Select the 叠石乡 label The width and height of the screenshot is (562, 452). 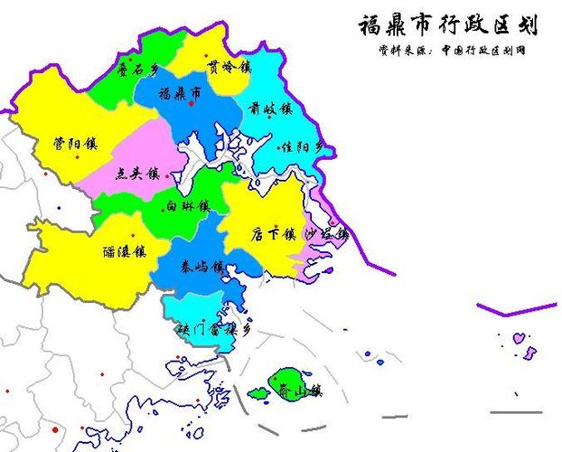(141, 67)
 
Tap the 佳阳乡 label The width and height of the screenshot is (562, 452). (301, 146)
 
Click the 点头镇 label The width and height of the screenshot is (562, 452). (137, 175)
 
